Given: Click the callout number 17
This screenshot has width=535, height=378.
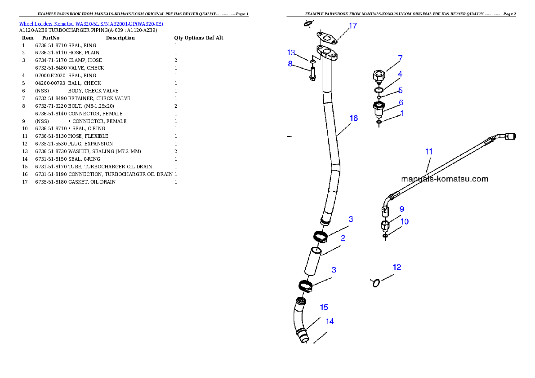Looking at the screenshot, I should pyautogui.click(x=353, y=26).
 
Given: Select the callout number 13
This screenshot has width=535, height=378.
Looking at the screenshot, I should pyautogui.click(x=291, y=53).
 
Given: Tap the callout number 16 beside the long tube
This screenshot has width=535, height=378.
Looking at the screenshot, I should pyautogui.click(x=353, y=118).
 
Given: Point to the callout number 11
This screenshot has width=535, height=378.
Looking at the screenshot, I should pyautogui.click(x=429, y=152).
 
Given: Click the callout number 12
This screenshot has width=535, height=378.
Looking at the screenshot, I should pyautogui.click(x=397, y=267).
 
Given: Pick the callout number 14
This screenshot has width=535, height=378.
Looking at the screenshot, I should pyautogui.click(x=330, y=321).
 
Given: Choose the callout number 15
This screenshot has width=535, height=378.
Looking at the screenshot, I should pyautogui.click(x=324, y=308).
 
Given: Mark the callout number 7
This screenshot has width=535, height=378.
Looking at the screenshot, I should pyautogui.click(x=400, y=58).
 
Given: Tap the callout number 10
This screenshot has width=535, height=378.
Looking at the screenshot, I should pyautogui.click(x=405, y=221).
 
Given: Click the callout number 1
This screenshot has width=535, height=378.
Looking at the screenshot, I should pyautogui.click(x=402, y=113).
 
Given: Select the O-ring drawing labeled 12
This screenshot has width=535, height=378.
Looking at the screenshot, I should pyautogui.click(x=376, y=282).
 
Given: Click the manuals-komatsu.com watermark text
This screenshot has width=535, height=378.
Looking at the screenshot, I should pyautogui.click(x=444, y=179).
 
